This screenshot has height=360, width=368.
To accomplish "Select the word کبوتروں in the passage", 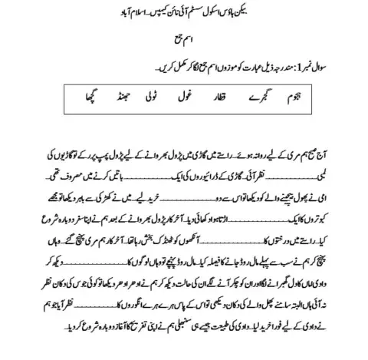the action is [x=332, y=224].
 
